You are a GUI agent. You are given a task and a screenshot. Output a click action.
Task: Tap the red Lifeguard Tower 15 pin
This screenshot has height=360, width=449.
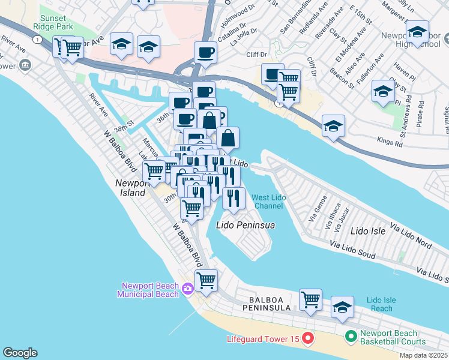click(307, 339)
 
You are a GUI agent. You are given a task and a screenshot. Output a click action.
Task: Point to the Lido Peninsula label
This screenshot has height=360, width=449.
click(245, 225)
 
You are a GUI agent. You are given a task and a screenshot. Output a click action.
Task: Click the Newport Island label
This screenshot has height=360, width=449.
click(130, 188)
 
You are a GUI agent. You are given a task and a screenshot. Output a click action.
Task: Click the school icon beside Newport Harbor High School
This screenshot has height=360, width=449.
click(417, 32)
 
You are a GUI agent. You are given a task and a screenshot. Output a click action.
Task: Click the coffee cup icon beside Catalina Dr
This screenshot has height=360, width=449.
click(205, 52)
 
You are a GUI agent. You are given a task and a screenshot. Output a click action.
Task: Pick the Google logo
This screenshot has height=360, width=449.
click(20, 353)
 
